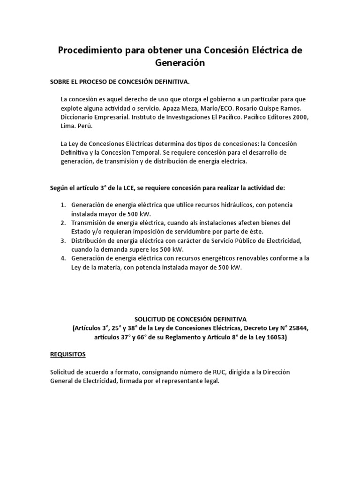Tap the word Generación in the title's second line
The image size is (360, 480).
pyautogui.click(x=180, y=63)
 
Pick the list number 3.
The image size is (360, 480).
pyautogui.click(x=63, y=241)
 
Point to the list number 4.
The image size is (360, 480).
pyautogui.click(x=63, y=259)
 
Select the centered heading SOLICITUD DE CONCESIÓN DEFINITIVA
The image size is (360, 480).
pyautogui.click(x=180, y=319)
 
